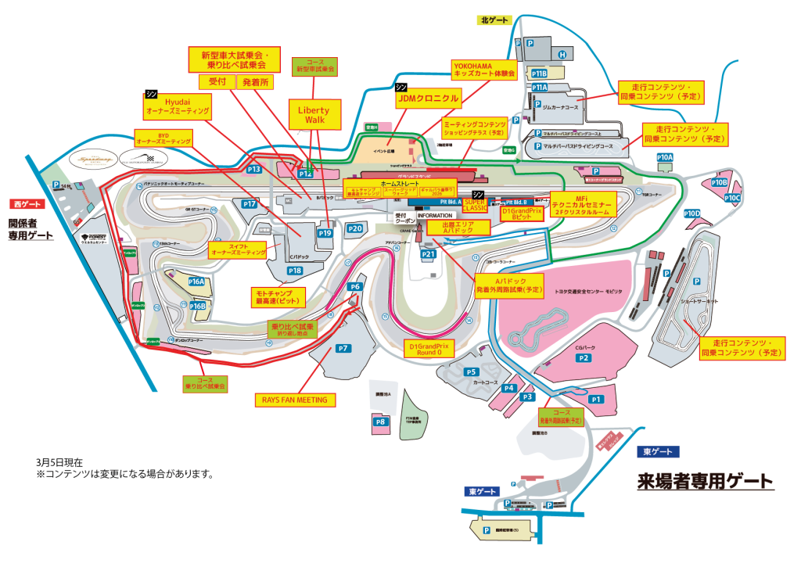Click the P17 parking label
[x=250, y=204]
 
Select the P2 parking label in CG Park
[x=584, y=357]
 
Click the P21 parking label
[x=428, y=254]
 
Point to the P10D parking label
[x=692, y=214]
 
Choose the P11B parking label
[x=539, y=73]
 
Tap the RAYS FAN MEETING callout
[x=295, y=400]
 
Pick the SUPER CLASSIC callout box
[x=476, y=205]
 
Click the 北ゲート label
[x=495, y=20]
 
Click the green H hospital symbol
[x=562, y=55]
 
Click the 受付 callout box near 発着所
[x=215, y=81]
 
